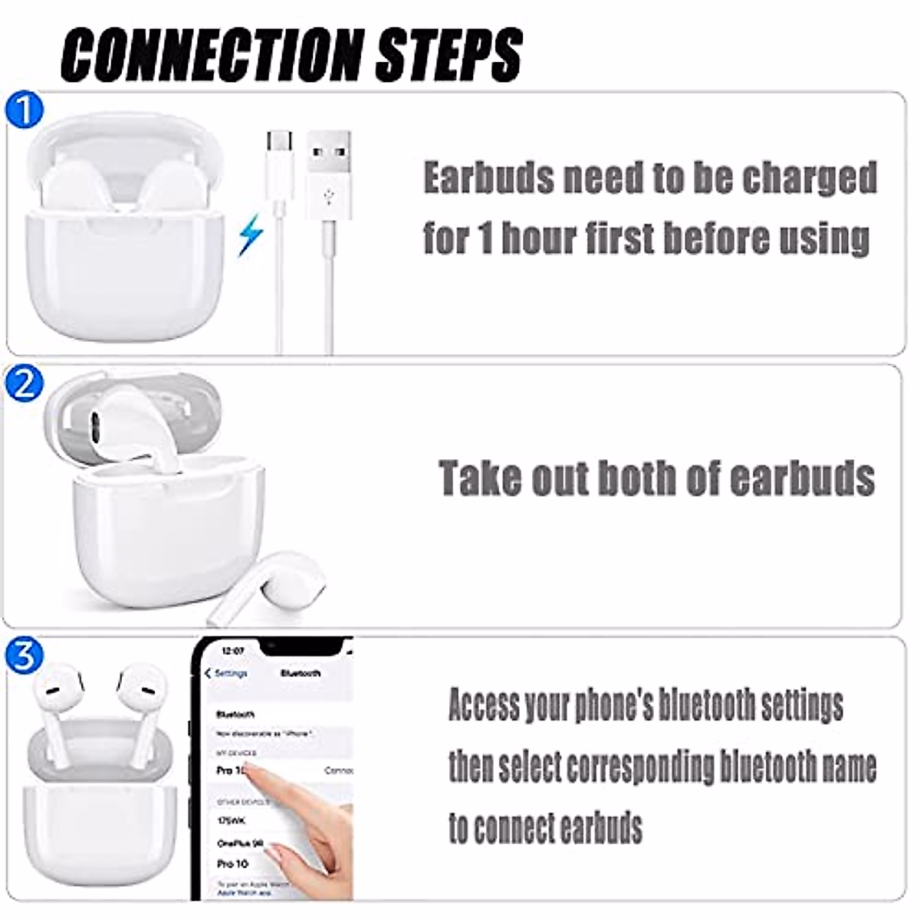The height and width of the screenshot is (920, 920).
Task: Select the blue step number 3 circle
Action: tap(24, 655)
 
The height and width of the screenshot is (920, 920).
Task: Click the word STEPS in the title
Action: tap(449, 55)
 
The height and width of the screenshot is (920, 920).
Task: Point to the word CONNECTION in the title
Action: tap(211, 55)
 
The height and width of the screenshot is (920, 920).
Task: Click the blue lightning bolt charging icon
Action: tap(250, 235)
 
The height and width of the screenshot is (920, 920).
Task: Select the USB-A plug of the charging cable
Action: tap(328, 169)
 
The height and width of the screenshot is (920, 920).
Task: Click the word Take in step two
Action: tap(478, 478)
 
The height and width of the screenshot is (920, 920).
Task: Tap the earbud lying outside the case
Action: tap(264, 586)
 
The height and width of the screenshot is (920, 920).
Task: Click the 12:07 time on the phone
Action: tap(232, 650)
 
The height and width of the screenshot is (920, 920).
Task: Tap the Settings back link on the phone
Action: tap(226, 673)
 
